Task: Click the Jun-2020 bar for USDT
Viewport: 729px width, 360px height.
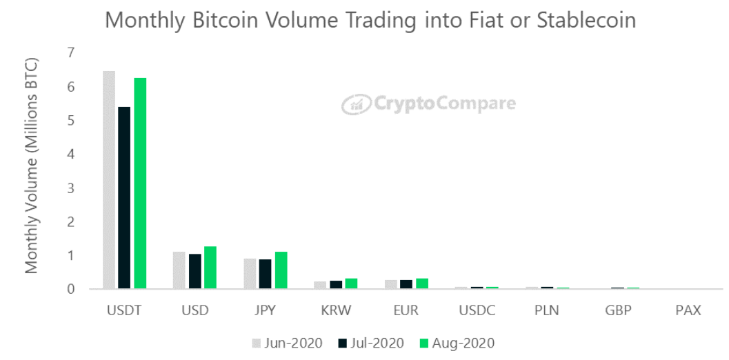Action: (109, 179)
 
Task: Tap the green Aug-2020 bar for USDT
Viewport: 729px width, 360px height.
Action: (140, 183)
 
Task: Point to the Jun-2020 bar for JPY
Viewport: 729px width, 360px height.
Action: (250, 274)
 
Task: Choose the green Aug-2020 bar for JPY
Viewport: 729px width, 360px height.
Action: (281, 270)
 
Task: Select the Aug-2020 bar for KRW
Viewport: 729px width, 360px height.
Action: (351, 283)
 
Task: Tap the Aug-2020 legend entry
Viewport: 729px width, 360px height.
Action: (457, 343)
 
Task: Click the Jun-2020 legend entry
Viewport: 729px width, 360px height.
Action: (287, 343)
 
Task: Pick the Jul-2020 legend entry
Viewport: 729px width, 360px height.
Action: (373, 343)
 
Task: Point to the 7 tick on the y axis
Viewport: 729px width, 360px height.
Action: (71, 53)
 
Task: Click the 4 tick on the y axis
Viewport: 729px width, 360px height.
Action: (71, 154)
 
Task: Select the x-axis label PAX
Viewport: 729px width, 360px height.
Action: (688, 310)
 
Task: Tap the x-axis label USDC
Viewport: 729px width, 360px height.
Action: (477, 310)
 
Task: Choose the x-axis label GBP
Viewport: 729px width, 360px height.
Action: (617, 310)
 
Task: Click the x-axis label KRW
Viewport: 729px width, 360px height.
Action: (336, 310)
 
